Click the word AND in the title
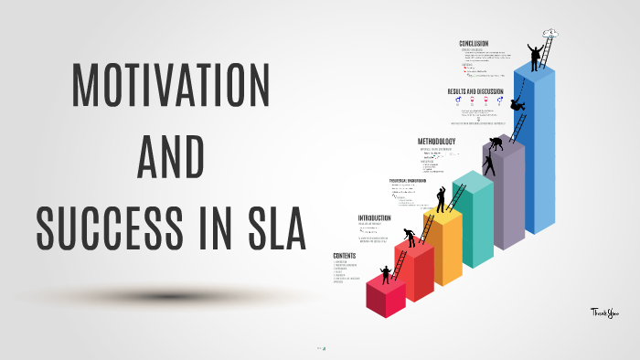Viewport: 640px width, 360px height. [x=170, y=161]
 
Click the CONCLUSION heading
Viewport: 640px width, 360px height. [x=475, y=43]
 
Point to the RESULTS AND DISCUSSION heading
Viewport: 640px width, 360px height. [x=476, y=92]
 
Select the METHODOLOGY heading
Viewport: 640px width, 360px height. [x=437, y=141]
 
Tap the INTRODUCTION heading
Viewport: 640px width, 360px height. [x=375, y=217]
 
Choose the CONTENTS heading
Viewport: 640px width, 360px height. [x=346, y=254]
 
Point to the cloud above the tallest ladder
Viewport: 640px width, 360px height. [x=550, y=35]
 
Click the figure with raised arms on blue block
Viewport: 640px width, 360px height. [x=534, y=51]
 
